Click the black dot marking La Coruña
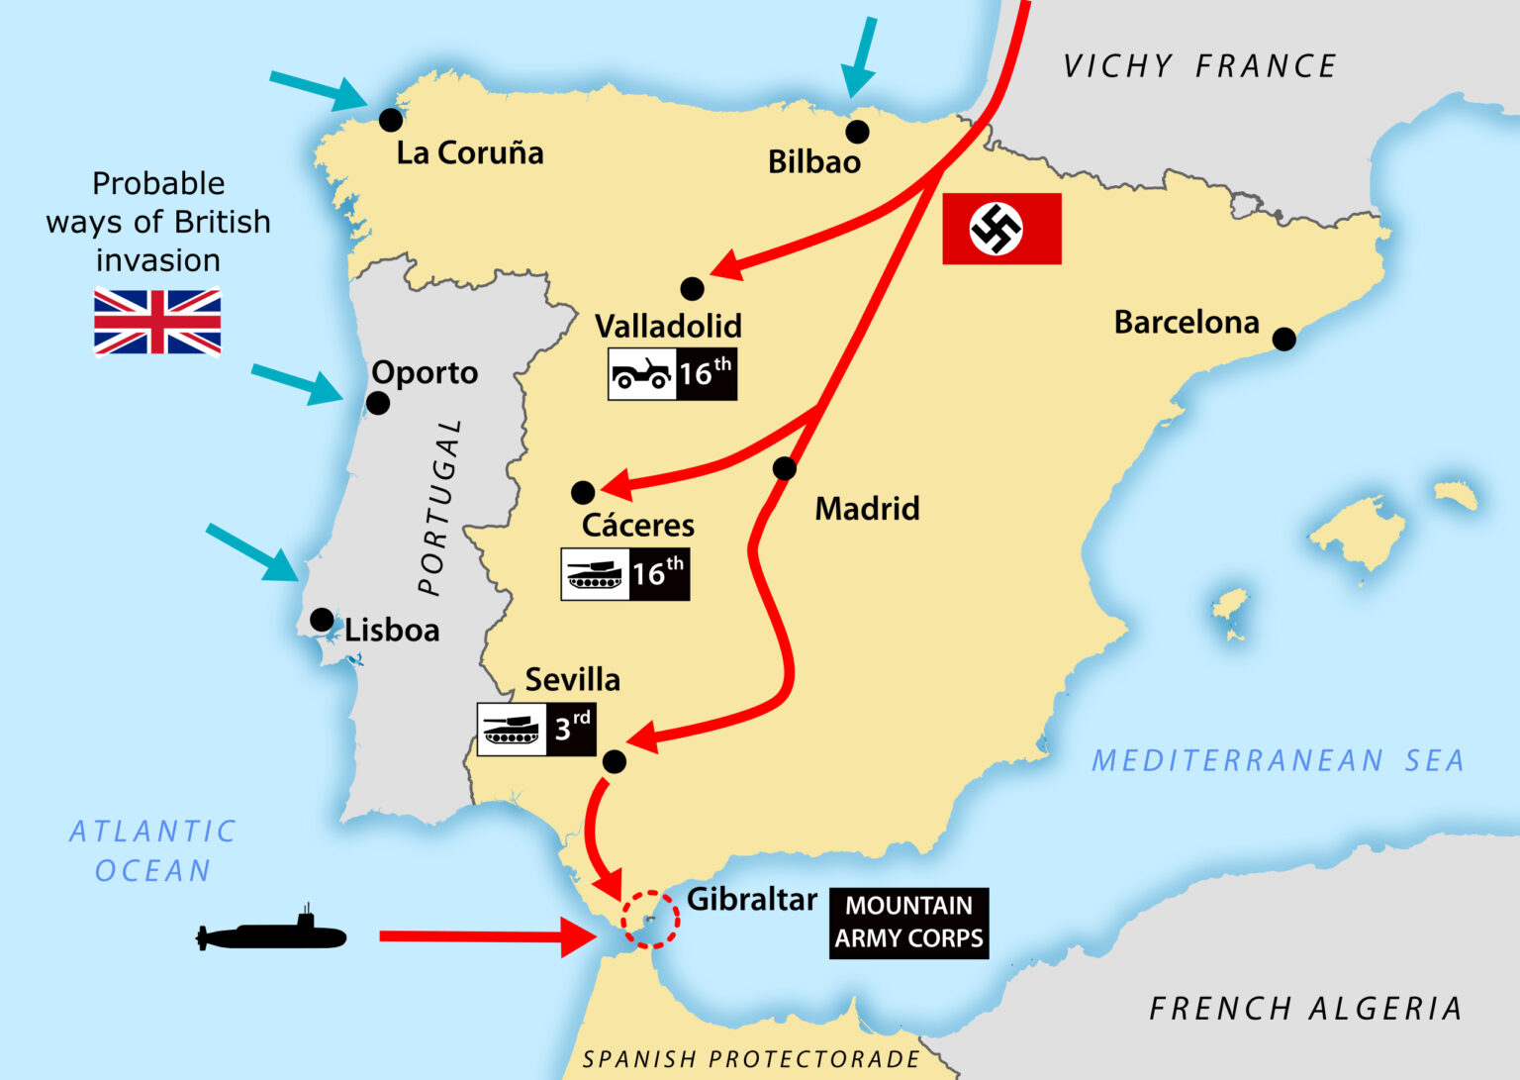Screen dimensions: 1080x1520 point(391,120)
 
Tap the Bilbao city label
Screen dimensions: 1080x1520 point(813,162)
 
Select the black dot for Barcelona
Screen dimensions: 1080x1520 point(1283,340)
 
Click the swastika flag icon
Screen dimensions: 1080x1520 point(1001,229)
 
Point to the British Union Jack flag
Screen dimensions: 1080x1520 point(157,322)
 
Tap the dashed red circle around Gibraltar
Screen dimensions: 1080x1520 point(650,920)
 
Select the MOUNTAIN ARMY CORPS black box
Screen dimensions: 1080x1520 point(908,923)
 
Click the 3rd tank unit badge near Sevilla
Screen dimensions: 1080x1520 point(535,730)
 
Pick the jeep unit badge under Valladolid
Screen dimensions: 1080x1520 point(672,374)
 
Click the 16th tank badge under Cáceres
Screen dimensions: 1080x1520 point(624,574)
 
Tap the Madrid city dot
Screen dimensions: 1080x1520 point(784,468)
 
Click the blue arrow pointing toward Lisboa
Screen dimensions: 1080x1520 point(252,552)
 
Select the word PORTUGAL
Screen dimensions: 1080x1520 point(441,507)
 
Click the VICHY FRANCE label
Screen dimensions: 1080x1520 point(1199,66)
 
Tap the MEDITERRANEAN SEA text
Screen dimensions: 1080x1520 point(1278,760)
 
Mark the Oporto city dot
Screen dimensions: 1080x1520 point(378,403)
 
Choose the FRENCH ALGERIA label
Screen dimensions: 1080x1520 point(1305,1009)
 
